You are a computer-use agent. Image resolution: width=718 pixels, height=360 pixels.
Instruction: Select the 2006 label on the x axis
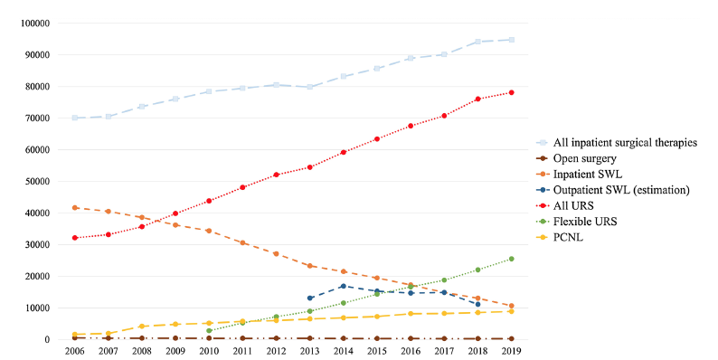click(74, 351)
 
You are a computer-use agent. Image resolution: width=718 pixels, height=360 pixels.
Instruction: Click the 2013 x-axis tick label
click(310, 351)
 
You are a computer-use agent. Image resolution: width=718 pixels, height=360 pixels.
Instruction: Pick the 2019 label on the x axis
click(512, 351)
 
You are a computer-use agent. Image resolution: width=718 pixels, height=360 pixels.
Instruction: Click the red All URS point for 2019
click(512, 92)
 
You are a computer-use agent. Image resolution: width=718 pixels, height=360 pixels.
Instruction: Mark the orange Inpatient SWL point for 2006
click(74, 207)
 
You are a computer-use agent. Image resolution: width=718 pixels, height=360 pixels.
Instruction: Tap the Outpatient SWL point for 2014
click(344, 286)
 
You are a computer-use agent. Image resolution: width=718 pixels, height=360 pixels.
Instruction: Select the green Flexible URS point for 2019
click(512, 259)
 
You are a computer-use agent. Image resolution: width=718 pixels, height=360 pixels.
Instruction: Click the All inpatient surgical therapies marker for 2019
click(512, 40)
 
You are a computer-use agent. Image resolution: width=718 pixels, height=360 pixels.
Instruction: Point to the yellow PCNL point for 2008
click(142, 327)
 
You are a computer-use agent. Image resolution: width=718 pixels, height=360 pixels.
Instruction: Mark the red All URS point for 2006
click(74, 238)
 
